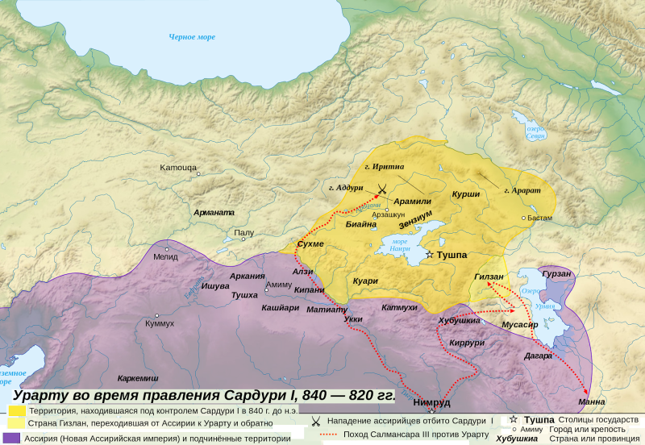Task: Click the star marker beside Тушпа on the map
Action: pos(430,255)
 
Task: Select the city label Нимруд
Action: pos(432,401)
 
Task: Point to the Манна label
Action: pos(593,401)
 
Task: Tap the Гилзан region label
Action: pos(489,277)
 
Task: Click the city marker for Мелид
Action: pos(167,248)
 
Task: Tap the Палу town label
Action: pos(243,233)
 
